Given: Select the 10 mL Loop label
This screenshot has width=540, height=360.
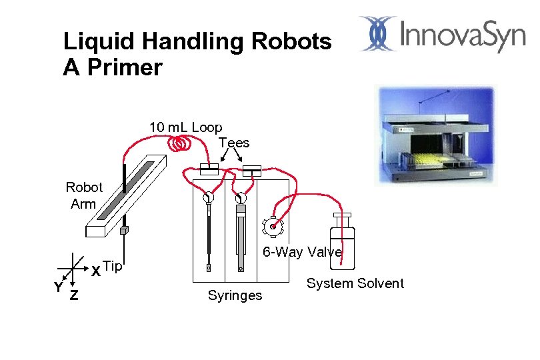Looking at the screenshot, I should (x=185, y=127).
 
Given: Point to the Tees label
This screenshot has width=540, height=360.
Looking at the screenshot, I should (x=233, y=143).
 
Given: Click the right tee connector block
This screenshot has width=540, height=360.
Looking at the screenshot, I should (x=252, y=170).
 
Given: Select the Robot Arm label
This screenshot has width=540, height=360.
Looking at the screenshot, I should (x=84, y=195).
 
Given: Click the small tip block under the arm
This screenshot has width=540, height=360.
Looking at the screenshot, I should (x=123, y=230).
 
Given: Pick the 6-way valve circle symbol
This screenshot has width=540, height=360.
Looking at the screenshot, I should (x=272, y=227).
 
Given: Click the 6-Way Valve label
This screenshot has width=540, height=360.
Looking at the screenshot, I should (x=302, y=252).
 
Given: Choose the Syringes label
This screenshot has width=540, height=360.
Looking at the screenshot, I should (x=235, y=295).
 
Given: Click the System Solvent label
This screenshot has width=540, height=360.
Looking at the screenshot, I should (x=355, y=283).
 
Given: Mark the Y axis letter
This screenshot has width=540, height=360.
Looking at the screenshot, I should (x=58, y=287).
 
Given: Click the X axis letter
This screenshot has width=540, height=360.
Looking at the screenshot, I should (x=96, y=271).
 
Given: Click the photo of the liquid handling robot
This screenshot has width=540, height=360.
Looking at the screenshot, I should (x=437, y=136).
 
